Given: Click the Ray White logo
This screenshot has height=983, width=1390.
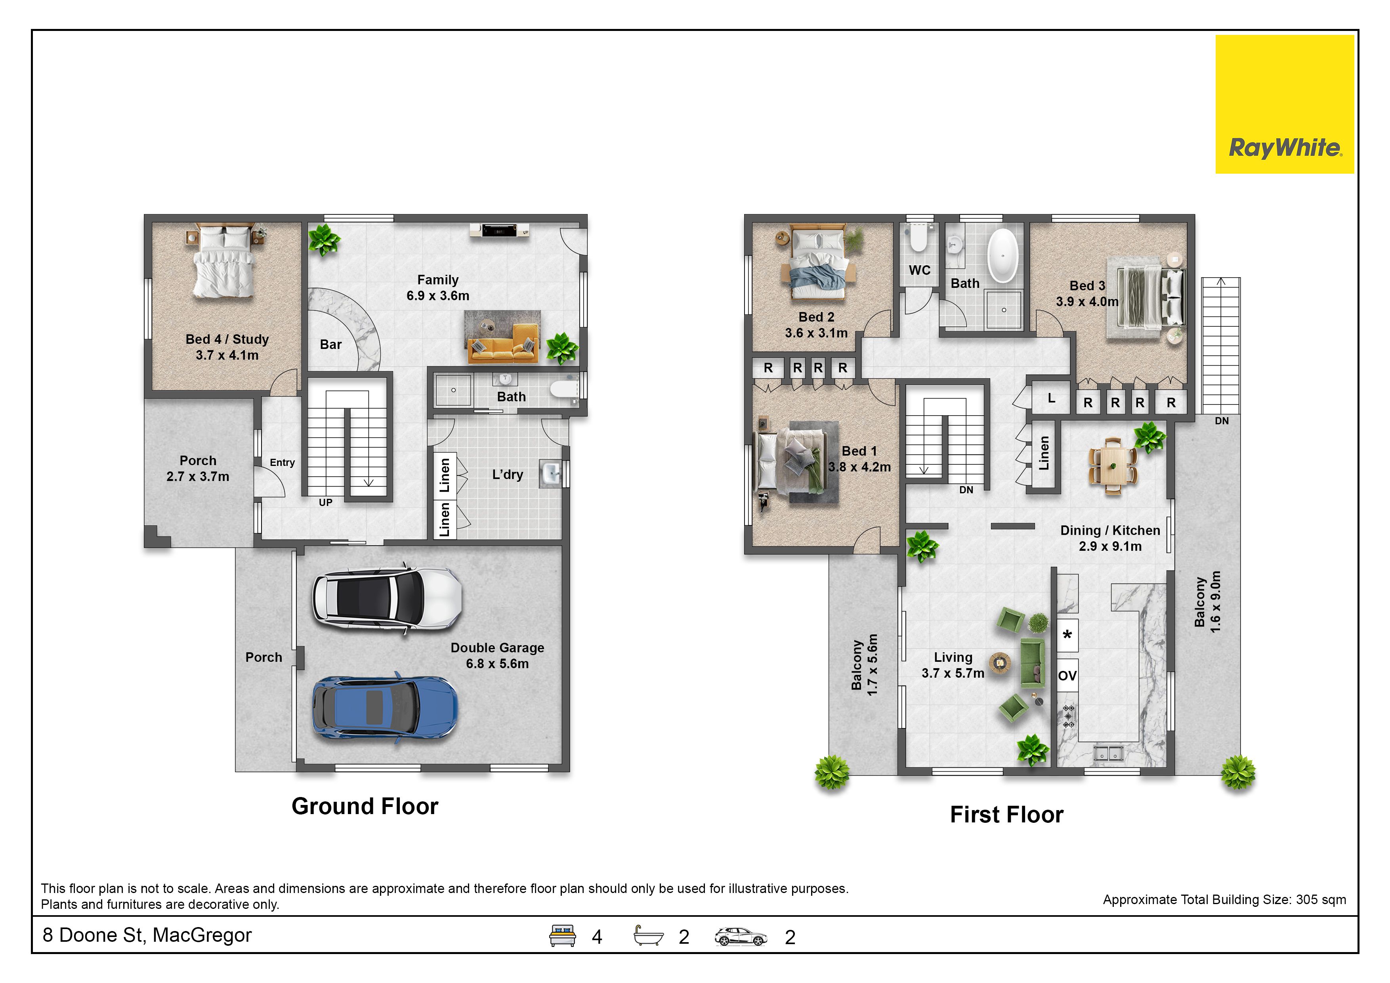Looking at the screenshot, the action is click(x=1284, y=104).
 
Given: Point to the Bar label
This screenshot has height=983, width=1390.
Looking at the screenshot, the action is click(x=330, y=345).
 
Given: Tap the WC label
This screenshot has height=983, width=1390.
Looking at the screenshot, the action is click(x=920, y=270).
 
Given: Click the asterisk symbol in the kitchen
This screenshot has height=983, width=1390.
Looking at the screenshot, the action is click(x=1067, y=634).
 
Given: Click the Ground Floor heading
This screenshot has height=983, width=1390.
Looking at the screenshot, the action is click(x=365, y=806).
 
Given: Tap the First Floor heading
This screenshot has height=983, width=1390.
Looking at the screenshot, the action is click(x=1007, y=814).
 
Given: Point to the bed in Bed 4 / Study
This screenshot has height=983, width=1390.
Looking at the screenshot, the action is click(x=223, y=262).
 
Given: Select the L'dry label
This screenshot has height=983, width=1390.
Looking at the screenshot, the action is click(x=507, y=475).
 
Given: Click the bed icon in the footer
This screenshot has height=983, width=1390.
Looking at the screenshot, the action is click(x=562, y=936).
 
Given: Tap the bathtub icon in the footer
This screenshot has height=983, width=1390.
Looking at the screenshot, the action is click(x=648, y=936).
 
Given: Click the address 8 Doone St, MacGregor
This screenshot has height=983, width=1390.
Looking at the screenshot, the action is click(x=147, y=936).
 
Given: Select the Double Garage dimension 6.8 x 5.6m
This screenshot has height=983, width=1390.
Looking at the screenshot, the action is click(x=497, y=664).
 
